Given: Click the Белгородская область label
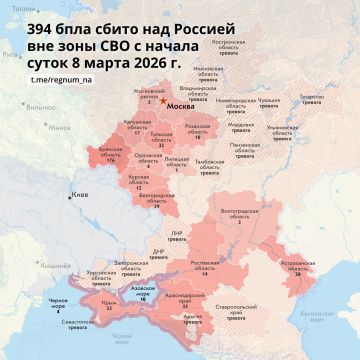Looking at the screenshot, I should tap(151, 202).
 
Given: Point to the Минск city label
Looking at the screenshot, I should tap(34, 127).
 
